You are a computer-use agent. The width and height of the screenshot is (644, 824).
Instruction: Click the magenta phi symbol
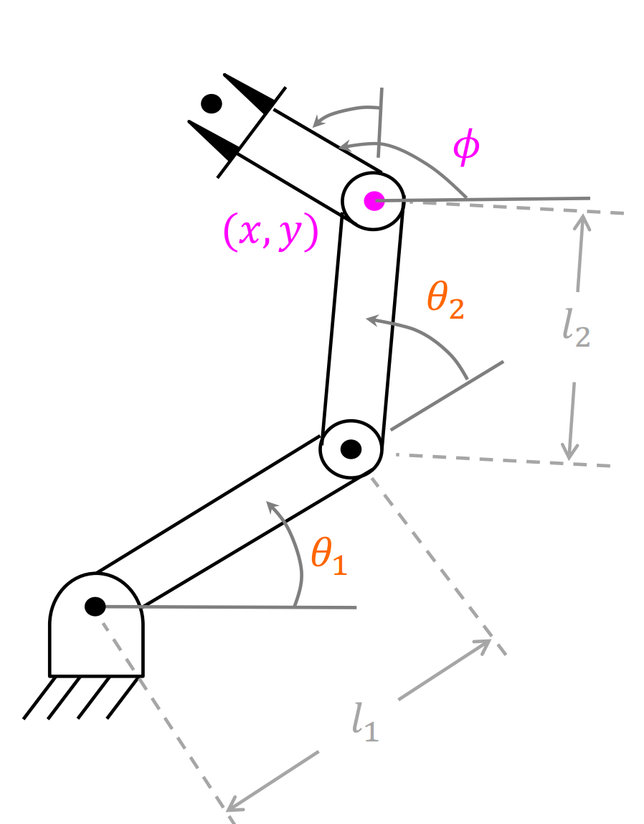pos(465,149)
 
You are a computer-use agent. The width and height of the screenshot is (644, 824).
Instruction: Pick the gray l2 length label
pos(576,331)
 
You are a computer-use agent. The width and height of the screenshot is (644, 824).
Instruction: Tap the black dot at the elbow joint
pos(351,449)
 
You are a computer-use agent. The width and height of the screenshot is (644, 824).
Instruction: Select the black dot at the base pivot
pos(95,607)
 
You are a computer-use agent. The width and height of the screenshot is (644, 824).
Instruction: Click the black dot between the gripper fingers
pos(212,104)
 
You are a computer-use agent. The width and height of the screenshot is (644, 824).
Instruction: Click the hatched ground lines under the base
pos(80,697)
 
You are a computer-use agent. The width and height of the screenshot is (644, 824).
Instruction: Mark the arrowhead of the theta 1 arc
pos(273,507)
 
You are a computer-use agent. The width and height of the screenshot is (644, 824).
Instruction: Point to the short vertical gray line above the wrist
pos(381,122)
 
